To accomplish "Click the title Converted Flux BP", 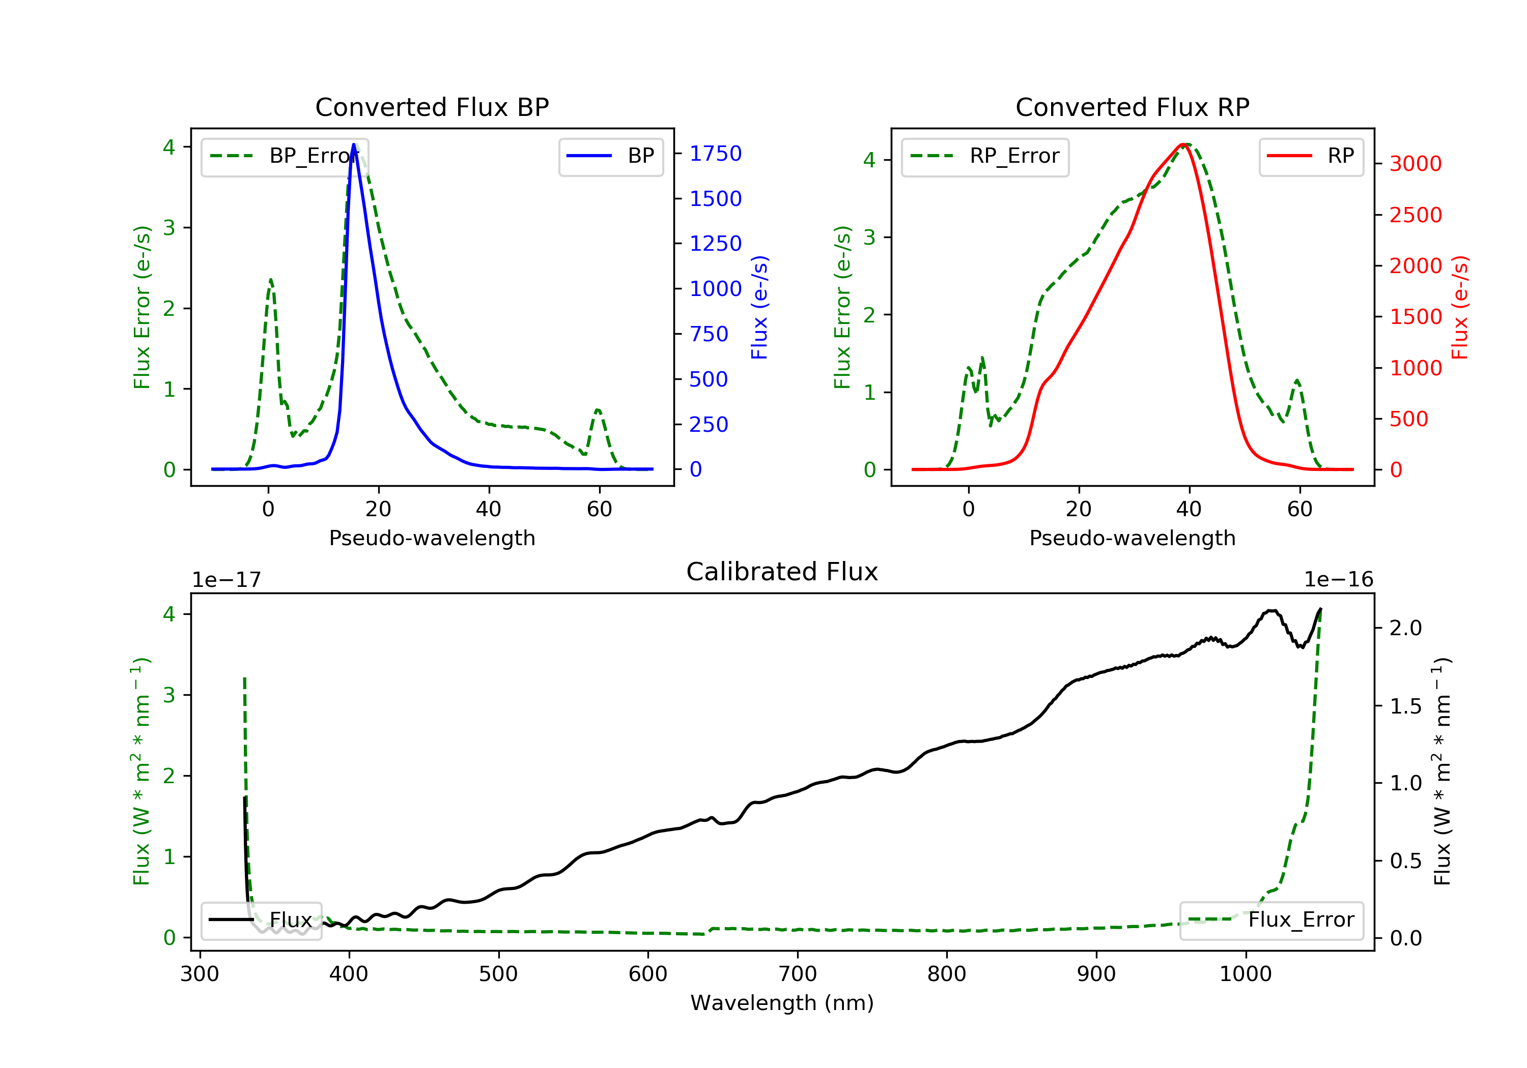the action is pyautogui.click(x=432, y=107).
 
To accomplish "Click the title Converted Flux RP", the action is pyautogui.click(x=1132, y=107).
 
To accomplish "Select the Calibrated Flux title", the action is pyautogui.click(x=782, y=572).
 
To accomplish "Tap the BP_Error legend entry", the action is pyautogui.click(x=285, y=156).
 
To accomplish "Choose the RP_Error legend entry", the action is pyautogui.click(x=985, y=156).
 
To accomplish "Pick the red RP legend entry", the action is pyautogui.click(x=1311, y=156).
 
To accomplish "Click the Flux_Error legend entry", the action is pyautogui.click(x=1271, y=920).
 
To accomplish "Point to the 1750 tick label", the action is pyautogui.click(x=716, y=154).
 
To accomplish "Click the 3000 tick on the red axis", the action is pyautogui.click(x=1416, y=163).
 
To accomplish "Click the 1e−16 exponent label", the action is pyautogui.click(x=1338, y=580).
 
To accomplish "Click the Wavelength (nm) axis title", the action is pyautogui.click(x=782, y=1003).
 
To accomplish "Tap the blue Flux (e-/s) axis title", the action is pyautogui.click(x=759, y=307).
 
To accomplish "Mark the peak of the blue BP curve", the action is pyautogui.click(x=354, y=144).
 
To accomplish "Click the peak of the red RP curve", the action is pyautogui.click(x=1184, y=145).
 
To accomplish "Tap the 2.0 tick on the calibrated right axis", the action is pyautogui.click(x=1406, y=628).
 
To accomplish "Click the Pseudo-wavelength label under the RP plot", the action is pyautogui.click(x=1132, y=538).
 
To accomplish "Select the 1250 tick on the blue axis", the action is pyautogui.click(x=716, y=243).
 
